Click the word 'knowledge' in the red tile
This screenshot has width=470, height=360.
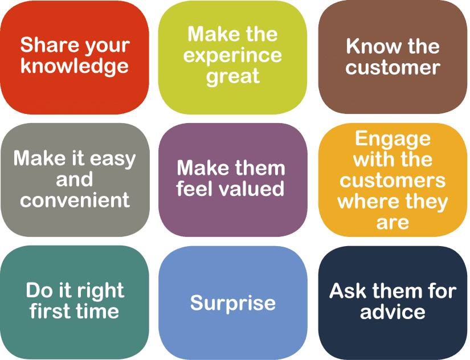point(75,66)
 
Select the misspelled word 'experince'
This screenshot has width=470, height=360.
point(232,56)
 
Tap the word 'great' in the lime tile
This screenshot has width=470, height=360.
point(233,76)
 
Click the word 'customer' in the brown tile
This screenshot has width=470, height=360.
point(393,67)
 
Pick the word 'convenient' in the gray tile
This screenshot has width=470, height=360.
point(75,200)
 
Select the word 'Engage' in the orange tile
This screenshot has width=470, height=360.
point(393,140)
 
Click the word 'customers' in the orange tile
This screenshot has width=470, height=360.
point(393,181)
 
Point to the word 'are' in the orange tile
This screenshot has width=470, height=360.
point(393,223)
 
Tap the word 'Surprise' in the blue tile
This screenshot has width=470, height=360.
point(233,304)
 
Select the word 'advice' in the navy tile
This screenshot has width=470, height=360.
point(393,312)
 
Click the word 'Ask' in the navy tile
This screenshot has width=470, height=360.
point(348,291)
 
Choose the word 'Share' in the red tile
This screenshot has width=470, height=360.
point(49,45)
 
